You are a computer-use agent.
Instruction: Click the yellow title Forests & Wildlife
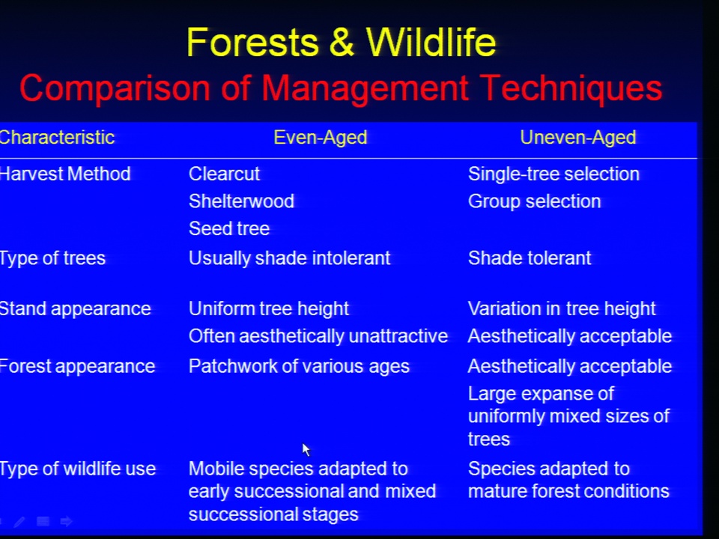point(342,42)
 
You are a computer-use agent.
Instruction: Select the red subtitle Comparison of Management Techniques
point(341,88)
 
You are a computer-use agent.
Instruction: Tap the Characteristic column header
point(57,138)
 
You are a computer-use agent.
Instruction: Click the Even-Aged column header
point(320,138)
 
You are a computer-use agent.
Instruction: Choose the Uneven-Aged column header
point(577,138)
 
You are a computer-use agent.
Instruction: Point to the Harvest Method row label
point(65,174)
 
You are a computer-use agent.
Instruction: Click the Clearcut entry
point(224,174)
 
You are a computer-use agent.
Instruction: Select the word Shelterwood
point(241,201)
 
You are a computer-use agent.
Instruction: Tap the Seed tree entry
point(229,229)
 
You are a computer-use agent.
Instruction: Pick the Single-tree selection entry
point(553,174)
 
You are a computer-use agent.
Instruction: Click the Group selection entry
point(534,201)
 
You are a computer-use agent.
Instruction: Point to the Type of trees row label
point(52,258)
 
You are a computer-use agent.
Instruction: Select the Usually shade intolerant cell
point(289,258)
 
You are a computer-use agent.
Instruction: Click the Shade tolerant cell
point(530,258)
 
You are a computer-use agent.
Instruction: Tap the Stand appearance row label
point(75,309)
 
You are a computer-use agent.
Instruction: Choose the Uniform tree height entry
point(269,309)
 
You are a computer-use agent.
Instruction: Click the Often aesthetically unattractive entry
point(318,336)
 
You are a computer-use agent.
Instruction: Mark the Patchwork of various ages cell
point(299,367)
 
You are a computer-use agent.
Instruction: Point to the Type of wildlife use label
point(78,469)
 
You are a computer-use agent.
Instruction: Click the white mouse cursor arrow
point(306,450)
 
